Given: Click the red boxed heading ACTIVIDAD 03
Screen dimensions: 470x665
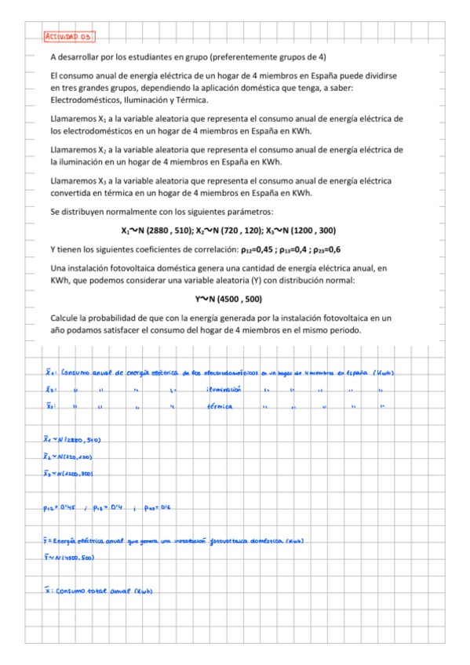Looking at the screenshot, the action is (69, 36).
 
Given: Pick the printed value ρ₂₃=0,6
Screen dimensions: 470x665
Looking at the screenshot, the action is (323, 250).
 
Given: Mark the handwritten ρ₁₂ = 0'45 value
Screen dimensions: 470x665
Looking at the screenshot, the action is (60, 508).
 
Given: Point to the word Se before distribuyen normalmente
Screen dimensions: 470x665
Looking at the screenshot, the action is (55, 212).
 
